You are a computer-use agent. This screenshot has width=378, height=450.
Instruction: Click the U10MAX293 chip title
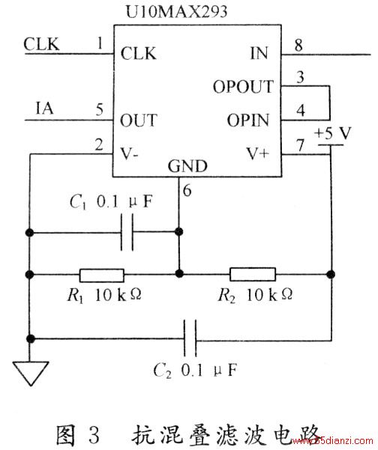coord(176,12)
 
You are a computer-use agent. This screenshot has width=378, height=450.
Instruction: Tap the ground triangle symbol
coord(31,373)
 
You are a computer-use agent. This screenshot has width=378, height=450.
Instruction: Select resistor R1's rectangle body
coord(102,276)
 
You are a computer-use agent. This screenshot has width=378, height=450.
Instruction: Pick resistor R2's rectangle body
coord(253,274)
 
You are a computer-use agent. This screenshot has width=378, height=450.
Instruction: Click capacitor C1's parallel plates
coord(127,232)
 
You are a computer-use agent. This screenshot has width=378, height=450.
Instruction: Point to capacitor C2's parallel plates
coord(190,338)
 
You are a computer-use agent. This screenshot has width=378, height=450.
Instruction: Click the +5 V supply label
coord(332,133)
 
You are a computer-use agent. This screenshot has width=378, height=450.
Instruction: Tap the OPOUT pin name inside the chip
coord(243,86)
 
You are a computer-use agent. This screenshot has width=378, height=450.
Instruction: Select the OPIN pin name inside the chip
coord(248,120)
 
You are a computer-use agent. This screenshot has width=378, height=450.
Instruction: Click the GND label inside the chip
coord(187,166)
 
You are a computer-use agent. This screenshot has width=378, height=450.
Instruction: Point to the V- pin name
coord(129,153)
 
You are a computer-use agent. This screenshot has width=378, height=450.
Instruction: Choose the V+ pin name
coord(257,153)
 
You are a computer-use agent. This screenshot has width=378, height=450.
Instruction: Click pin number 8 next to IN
coord(298,46)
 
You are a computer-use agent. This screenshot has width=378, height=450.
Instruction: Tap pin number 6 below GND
coord(187,191)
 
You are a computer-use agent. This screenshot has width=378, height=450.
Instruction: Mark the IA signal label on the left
coord(44,109)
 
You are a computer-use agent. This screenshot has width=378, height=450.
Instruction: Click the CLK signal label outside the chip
coord(41,44)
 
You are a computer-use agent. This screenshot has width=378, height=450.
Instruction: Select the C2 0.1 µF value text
coord(195,370)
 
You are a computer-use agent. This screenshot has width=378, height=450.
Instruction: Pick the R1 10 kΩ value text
coord(104,295)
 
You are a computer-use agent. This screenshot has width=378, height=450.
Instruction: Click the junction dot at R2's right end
coord(331,274)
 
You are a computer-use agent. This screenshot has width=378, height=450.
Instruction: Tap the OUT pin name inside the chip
coord(139,121)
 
